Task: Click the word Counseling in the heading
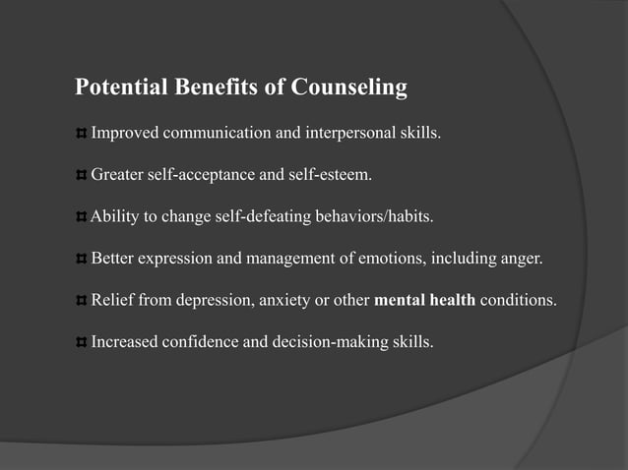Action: click(348, 88)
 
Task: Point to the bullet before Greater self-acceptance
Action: click(82, 176)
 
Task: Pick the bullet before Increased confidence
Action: click(82, 343)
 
